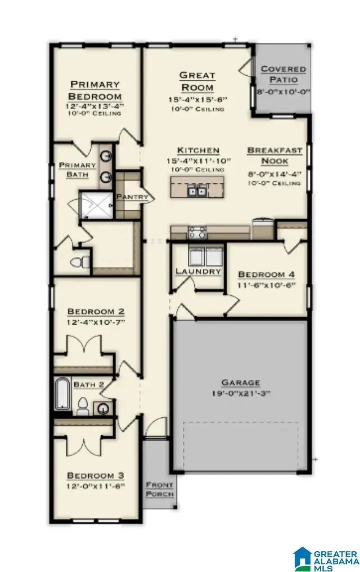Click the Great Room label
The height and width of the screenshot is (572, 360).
197,82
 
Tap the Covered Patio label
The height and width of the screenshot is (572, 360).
283,75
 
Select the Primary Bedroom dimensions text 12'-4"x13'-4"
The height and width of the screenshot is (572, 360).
94,105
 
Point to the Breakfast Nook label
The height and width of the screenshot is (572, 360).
275,156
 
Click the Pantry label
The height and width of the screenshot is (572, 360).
132,197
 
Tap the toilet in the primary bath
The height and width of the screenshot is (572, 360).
82,262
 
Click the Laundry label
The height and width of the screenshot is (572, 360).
198,271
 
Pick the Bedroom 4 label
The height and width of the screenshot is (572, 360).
267,274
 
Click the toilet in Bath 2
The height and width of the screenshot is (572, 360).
83,405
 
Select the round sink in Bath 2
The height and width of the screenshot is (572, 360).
103,408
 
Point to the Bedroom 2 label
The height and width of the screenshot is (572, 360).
96,311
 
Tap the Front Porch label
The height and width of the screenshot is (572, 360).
160,489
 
